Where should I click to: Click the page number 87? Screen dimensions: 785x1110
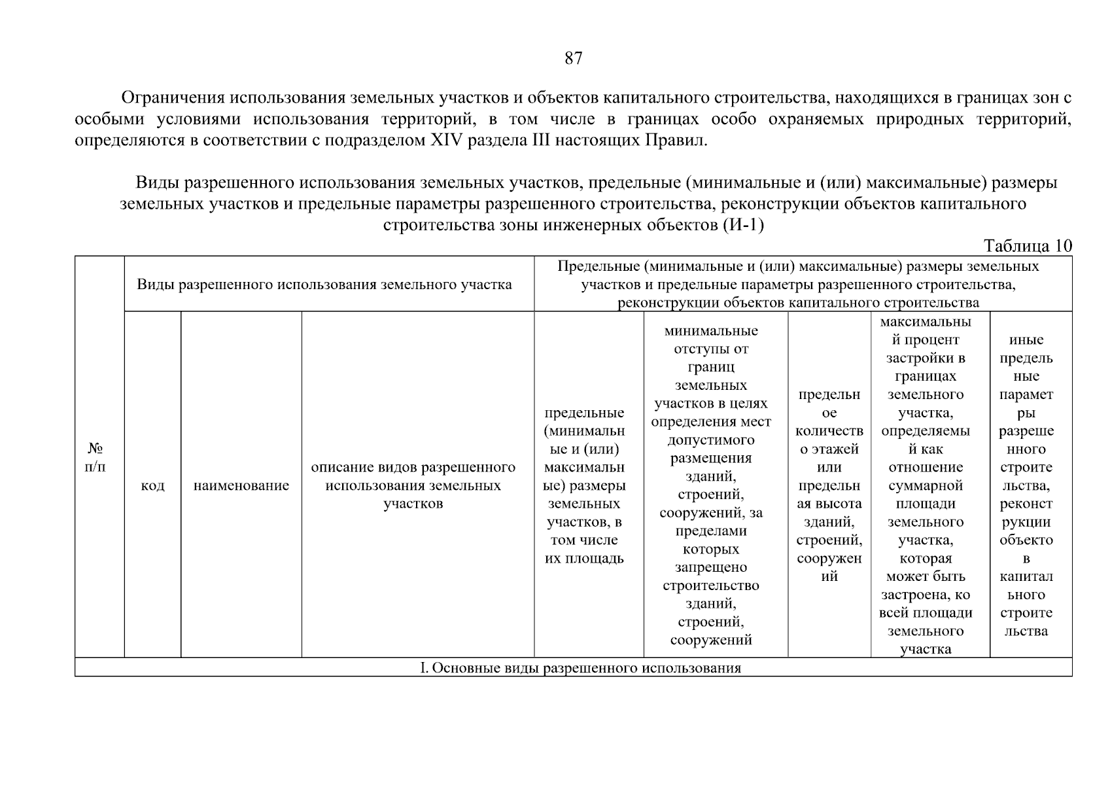point(573,59)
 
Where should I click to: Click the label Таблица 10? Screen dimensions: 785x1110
point(1028,246)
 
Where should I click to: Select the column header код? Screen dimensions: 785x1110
point(152,485)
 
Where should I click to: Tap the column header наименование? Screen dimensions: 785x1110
point(241,485)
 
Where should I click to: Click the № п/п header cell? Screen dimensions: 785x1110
point(96,457)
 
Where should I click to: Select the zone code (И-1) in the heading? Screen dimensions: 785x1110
point(743,226)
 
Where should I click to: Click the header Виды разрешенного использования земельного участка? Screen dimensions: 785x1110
point(324,285)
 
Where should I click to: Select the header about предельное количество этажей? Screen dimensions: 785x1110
point(829,485)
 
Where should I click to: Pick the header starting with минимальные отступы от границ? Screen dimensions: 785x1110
point(711,485)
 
